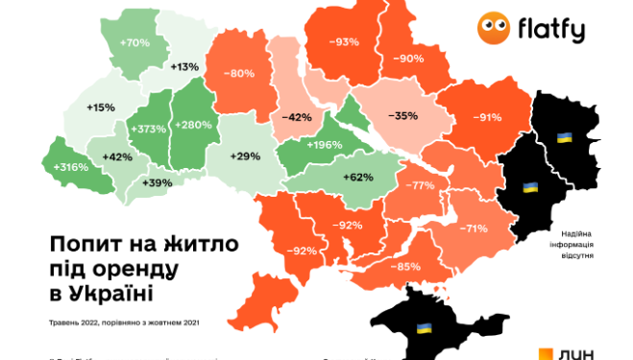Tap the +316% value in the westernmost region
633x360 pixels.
69,167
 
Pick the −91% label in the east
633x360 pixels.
486,117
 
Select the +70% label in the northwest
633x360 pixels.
135,42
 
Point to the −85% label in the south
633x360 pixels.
407,266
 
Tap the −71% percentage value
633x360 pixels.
473,228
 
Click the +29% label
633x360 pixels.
245,155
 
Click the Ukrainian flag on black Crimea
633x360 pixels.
424,330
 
